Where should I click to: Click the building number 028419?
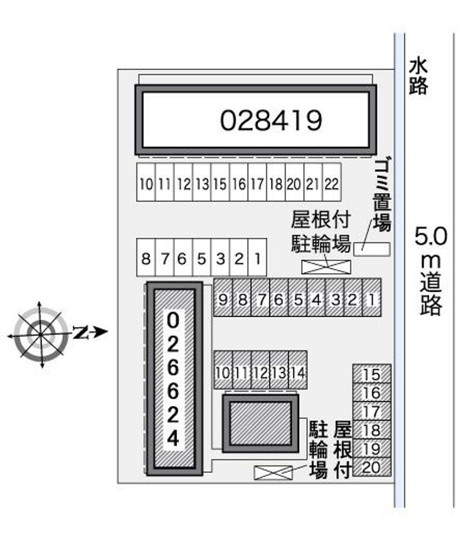[x=271, y=120]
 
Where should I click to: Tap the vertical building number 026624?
[x=173, y=379]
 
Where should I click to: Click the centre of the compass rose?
[x=41, y=334]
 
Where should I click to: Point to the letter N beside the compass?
[x=80, y=333]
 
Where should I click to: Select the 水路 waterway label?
[x=418, y=76]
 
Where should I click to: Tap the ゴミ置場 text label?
[x=382, y=195]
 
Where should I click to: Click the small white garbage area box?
[x=372, y=249]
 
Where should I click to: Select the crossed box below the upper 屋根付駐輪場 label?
[x=326, y=267]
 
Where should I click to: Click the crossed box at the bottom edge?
[x=273, y=472]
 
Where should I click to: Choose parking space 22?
[x=332, y=182]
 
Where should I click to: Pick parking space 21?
[x=313, y=182]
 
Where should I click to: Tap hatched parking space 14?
[x=297, y=370]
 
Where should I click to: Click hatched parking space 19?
[x=372, y=448]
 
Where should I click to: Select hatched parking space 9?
[x=223, y=297]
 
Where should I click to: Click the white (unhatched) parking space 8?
[x=146, y=258]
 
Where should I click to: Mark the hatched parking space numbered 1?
[x=371, y=297]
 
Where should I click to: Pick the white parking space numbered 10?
[x=146, y=182]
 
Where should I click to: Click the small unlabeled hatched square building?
[x=260, y=423]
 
